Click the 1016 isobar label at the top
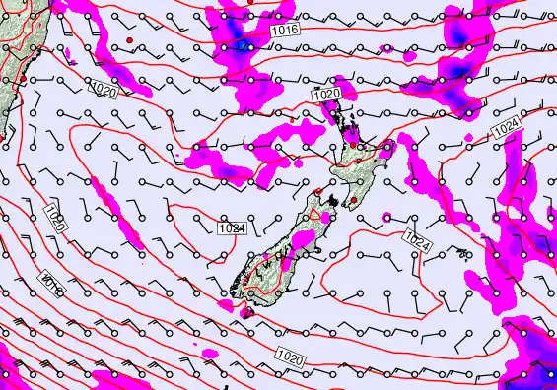coord(284,31)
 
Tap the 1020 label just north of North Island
coord(327,94)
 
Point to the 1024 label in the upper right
coord(508,126)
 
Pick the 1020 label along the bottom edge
coord(290,355)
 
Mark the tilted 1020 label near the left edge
coord(55,218)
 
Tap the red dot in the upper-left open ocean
coord(129,39)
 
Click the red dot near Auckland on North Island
coord(352,146)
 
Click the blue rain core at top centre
coord(243,45)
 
